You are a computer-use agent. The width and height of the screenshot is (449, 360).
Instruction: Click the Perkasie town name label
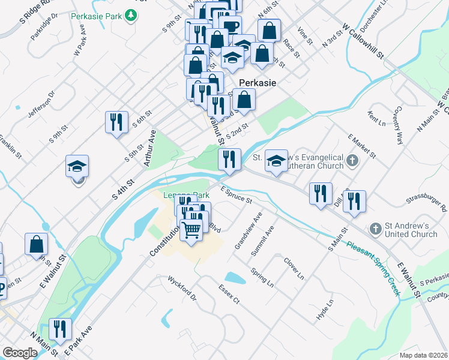click(258, 83)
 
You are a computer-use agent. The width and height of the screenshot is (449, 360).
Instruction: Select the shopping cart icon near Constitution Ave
click(191, 229)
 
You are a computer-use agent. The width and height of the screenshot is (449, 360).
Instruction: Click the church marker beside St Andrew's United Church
click(375, 229)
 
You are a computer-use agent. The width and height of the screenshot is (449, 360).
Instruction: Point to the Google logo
click(20, 353)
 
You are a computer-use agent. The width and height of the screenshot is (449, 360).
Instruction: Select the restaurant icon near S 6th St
click(116, 121)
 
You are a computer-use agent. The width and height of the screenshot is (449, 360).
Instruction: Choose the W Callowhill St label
click(363, 41)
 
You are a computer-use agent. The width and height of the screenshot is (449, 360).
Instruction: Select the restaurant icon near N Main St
click(59, 328)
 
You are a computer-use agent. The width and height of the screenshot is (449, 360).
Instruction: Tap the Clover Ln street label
click(294, 269)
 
